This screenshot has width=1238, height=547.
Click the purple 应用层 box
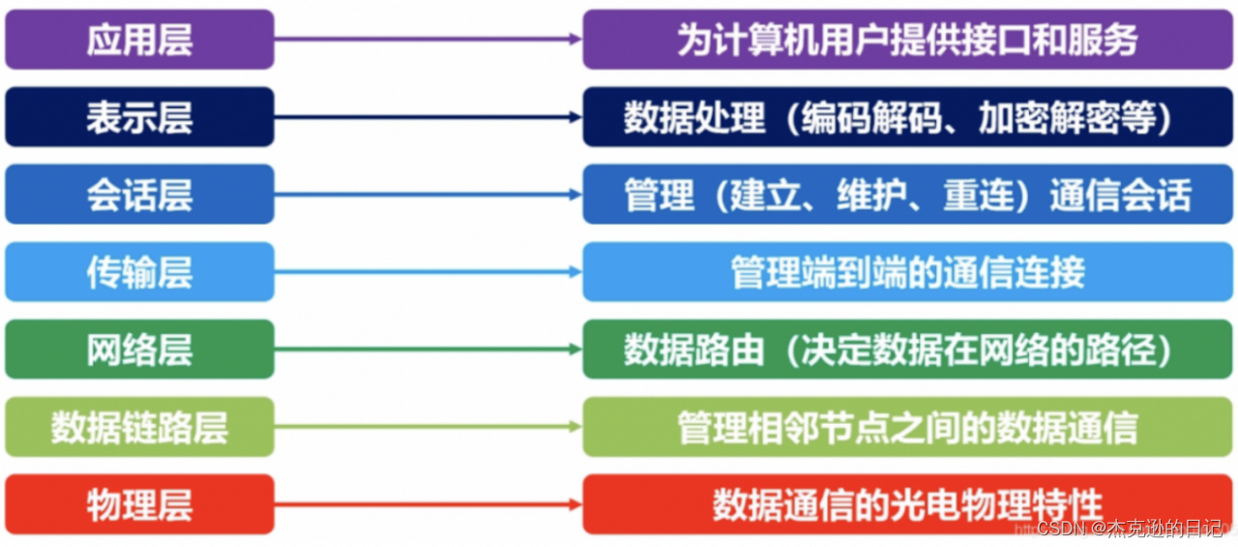pos(139,40)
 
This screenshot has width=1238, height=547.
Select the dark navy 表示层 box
pos(139,117)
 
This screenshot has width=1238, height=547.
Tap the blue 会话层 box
pos(139,195)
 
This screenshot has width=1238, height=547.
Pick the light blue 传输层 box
pos(139,272)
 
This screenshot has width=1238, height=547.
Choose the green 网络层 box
pos(139,349)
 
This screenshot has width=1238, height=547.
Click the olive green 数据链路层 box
pos(139,427)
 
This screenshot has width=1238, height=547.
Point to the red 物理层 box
pos(139,504)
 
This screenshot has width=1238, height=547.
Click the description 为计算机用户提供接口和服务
pos(907,40)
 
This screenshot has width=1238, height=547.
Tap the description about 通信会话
pos(907,195)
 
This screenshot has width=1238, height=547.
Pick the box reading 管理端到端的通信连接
pos(907,272)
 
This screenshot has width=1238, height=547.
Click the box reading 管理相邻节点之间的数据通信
pos(907,427)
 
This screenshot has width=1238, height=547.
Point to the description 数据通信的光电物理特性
pos(907,504)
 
